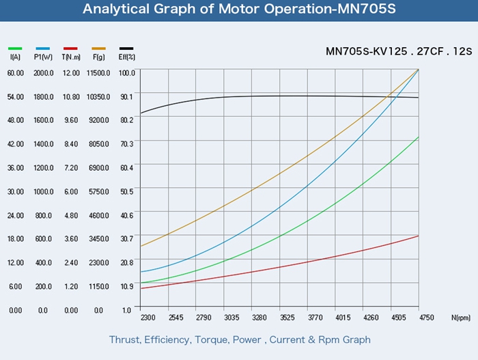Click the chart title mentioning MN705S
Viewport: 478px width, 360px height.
click(239, 10)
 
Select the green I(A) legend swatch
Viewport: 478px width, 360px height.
click(15, 49)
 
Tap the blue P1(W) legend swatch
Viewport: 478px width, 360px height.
click(43, 49)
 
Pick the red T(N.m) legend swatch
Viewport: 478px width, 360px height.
click(70, 49)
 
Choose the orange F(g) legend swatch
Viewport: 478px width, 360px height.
click(98, 49)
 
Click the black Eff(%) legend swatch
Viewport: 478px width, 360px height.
click(126, 49)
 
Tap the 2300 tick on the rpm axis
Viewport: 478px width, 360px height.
click(148, 318)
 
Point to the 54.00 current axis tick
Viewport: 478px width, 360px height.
click(16, 97)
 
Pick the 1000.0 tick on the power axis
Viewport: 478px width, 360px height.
click(43, 192)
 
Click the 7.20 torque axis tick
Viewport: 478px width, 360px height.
click(71, 168)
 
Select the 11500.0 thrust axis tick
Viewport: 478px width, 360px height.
click(98, 73)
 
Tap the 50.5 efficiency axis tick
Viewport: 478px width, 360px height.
click(126, 192)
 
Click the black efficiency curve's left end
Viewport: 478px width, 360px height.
click(141, 113)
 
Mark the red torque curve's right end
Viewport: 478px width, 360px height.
click(418, 236)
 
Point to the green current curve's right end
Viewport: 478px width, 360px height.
click(418, 137)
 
